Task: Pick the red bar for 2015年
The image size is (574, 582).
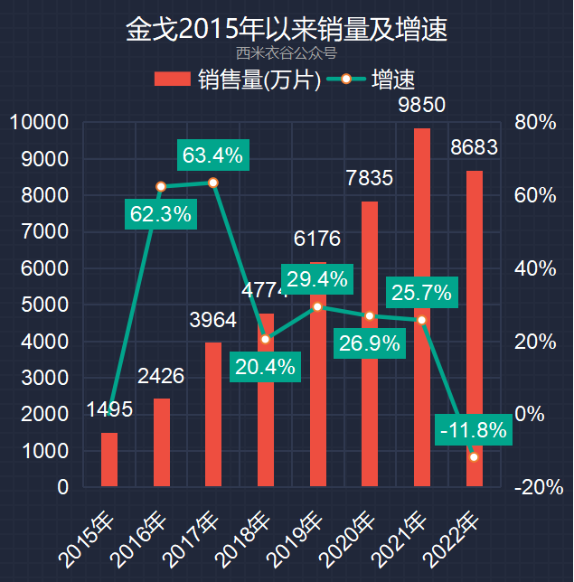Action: click(x=109, y=459)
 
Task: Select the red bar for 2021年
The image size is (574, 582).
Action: click(x=422, y=307)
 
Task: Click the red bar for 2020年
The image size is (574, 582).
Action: click(x=370, y=343)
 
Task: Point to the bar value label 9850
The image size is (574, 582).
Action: click(x=421, y=105)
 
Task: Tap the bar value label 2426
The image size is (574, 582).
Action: click(x=161, y=375)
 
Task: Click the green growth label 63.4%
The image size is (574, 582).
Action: click(x=212, y=155)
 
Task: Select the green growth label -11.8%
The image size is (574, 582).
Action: click(x=473, y=430)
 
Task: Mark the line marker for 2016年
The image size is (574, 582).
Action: click(x=161, y=187)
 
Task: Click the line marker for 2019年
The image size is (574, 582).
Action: click(x=317, y=306)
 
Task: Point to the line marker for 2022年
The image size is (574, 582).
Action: click(x=474, y=457)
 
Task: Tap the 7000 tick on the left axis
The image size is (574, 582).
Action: click(x=51, y=232)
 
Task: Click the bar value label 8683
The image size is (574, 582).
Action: click(x=474, y=147)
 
